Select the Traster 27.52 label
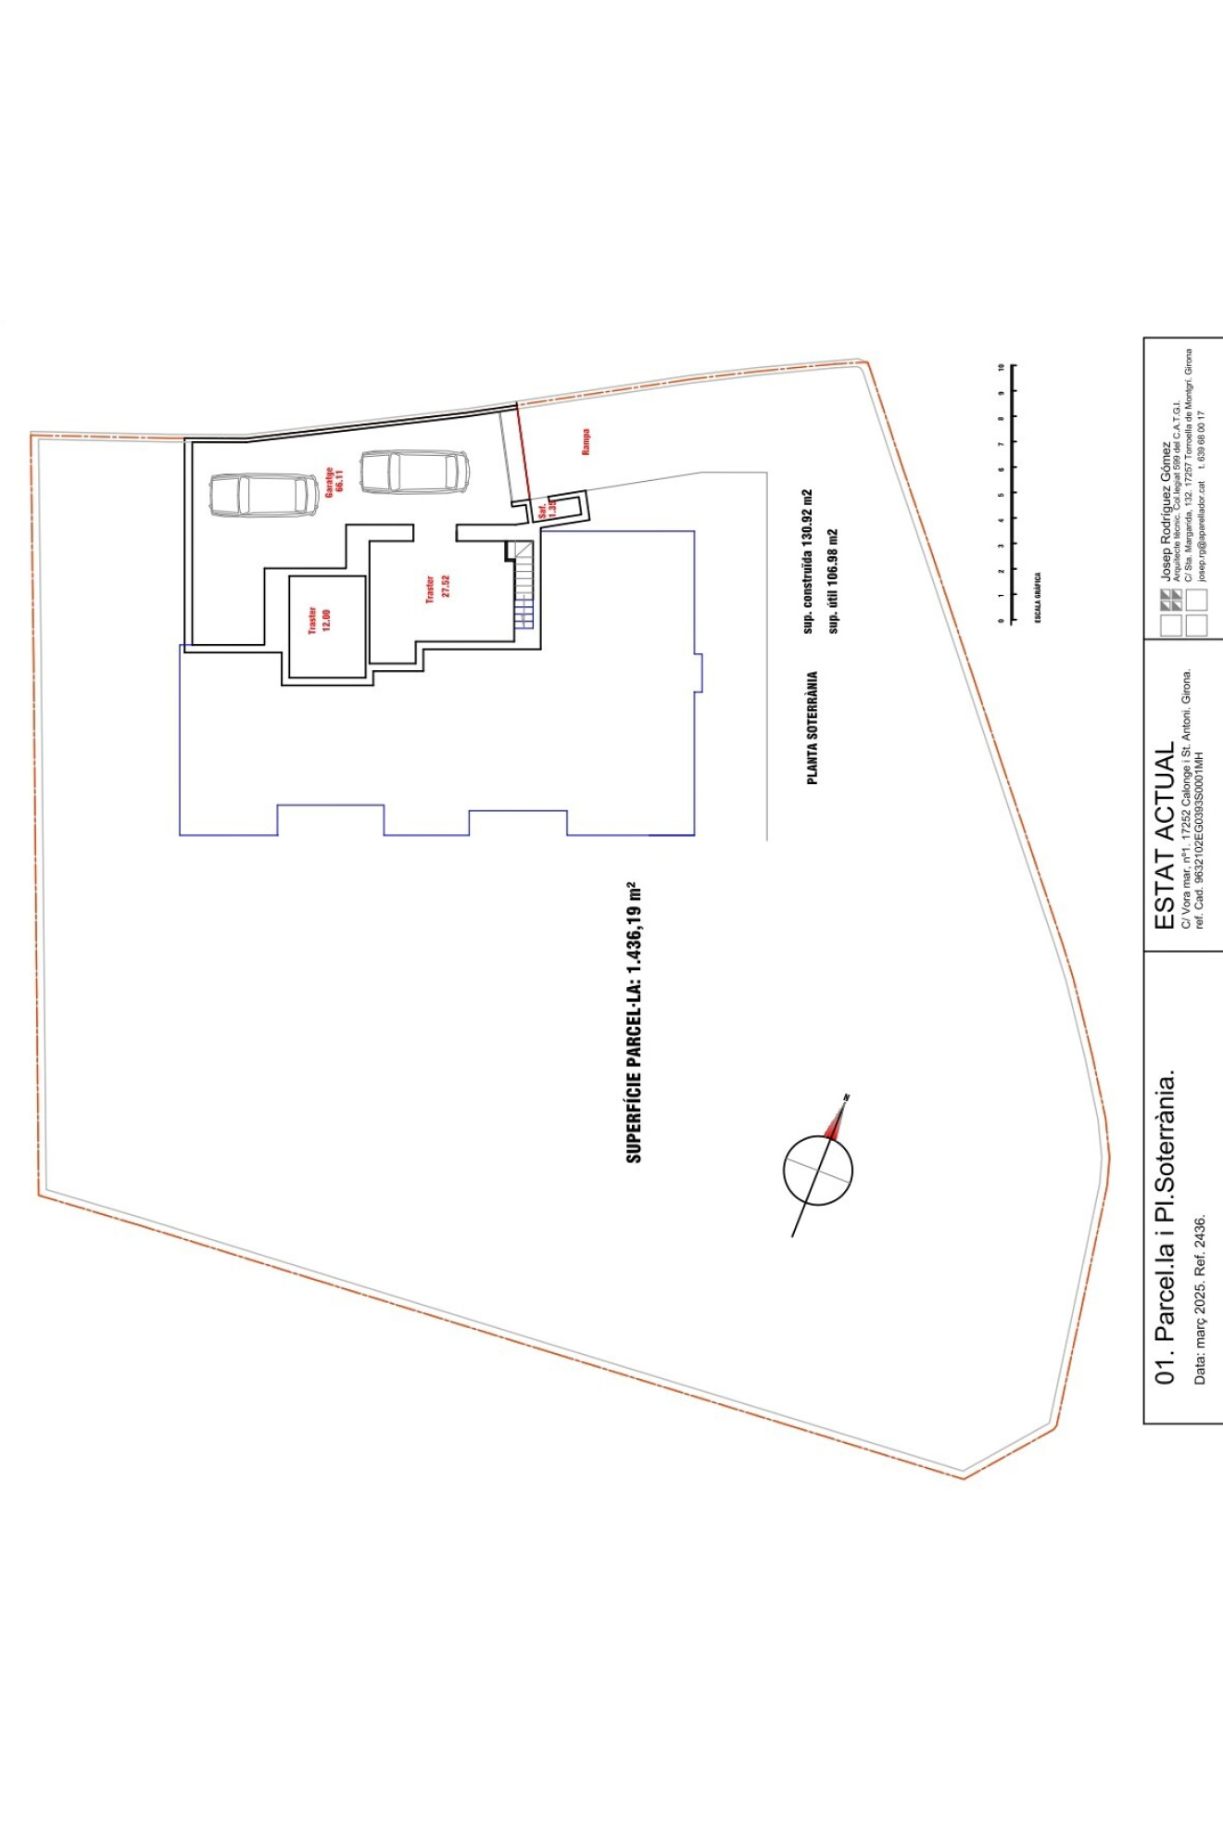436,588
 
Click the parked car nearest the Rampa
414,472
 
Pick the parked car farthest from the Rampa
264,495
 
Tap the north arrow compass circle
817,1171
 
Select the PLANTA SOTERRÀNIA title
813,728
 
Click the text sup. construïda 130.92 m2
807,562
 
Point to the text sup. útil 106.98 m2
832,581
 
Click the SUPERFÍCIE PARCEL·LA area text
635,1022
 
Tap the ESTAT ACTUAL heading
1164,835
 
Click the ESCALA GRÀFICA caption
1038,597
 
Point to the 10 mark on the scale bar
1001,368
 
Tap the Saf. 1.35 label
547,508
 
